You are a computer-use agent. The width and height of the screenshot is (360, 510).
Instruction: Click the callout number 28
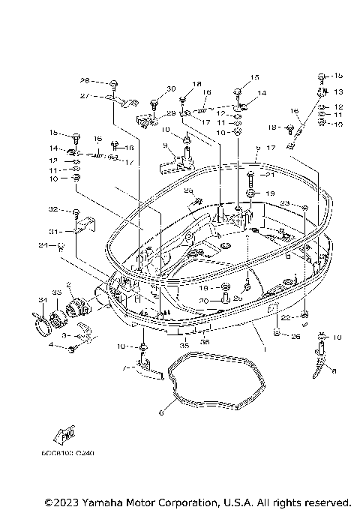tap(85, 80)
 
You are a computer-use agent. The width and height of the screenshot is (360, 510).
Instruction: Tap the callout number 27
tap(85, 96)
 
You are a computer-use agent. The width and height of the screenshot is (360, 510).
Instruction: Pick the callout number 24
tap(43, 244)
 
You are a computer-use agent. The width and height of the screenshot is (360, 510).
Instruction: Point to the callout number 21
tap(271, 175)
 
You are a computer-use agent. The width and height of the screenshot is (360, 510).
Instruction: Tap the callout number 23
tap(285, 202)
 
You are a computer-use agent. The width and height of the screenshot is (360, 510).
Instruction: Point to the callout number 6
tap(160, 411)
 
